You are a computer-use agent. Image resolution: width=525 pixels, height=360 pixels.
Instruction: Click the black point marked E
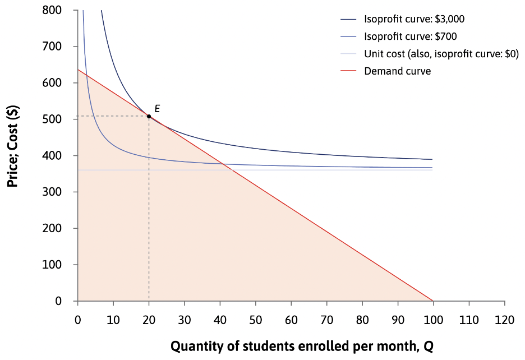tap(149, 116)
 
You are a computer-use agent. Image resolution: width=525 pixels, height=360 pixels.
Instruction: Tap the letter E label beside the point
tap(157, 108)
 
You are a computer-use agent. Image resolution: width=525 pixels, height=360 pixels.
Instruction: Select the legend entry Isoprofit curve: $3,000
tap(414, 19)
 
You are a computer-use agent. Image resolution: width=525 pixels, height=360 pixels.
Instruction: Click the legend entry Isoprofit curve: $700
tap(410, 36)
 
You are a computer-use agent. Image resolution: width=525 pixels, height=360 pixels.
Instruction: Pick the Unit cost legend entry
tap(441, 54)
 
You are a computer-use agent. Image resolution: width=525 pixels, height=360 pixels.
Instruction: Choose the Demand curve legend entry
tap(397, 71)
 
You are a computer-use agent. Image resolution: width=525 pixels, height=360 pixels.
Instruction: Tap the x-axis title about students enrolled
tap(301, 347)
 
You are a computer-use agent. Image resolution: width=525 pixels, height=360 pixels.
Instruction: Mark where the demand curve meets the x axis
tap(433, 301)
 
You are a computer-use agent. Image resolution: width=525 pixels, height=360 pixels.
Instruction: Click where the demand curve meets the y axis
tap(78, 70)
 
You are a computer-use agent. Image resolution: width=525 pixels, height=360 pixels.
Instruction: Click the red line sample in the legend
tap(348, 71)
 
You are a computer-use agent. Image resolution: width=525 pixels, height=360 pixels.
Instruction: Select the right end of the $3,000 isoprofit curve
tap(432, 159)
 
